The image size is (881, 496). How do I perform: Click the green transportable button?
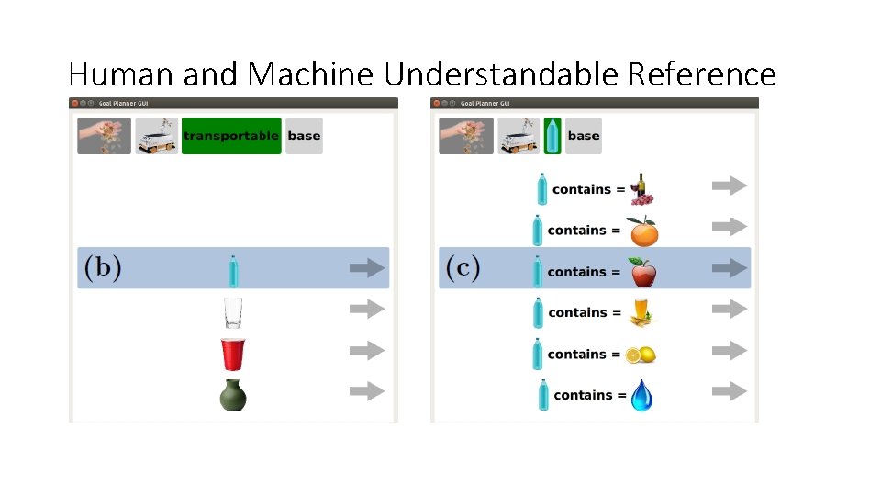231,136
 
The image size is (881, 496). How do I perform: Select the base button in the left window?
304,136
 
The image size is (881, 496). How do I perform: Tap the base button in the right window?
584,136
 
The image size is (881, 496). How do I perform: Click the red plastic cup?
233,354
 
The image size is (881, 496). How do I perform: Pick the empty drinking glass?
233,312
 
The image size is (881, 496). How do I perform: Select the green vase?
233,395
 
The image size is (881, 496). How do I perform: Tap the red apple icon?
642,272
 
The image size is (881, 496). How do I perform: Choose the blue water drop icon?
641,396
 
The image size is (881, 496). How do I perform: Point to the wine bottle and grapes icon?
642,189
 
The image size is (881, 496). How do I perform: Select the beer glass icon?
641,312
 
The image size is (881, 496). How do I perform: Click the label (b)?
103,268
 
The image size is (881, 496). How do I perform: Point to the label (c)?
463,268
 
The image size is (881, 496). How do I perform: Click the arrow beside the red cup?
368,350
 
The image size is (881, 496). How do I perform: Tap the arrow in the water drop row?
730,391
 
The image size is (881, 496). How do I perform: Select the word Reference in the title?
702,73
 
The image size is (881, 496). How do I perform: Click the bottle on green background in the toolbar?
552,136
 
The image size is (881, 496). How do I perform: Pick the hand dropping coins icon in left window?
104,136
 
